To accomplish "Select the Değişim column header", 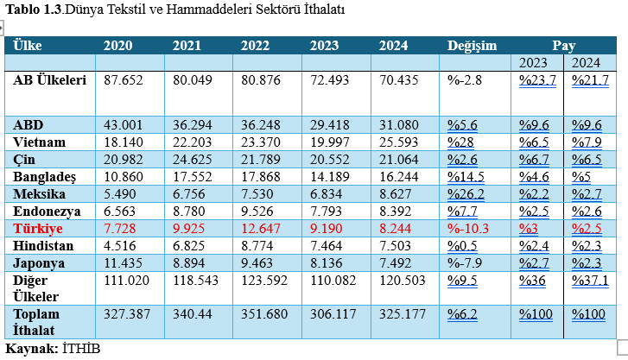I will coord(473,45).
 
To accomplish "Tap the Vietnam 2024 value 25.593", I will coord(398,141).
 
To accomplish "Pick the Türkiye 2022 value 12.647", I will coord(261,229).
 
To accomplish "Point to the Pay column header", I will coord(564,45).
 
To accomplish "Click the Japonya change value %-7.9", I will coord(465,263).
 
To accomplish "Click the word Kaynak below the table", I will coord(29,348).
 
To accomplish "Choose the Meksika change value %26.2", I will coord(467,193).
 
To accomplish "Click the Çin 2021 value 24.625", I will coord(193,159).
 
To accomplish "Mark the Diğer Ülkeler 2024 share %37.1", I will coord(590,281).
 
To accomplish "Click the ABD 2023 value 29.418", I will coord(330,123).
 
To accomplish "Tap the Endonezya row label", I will coord(48,211).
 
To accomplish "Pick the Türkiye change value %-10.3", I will coord(469,229).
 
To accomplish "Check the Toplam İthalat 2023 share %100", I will coord(536,315).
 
